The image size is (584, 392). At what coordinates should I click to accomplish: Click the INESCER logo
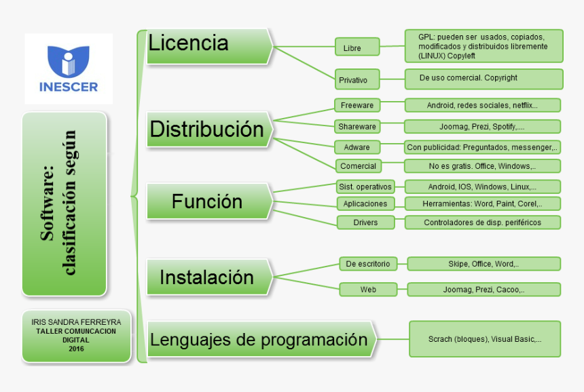pos(68,68)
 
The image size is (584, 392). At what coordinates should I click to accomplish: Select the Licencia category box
pos(208,46)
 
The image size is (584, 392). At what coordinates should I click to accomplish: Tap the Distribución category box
pos(208,129)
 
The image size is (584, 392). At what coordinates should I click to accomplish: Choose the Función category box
pos(208,201)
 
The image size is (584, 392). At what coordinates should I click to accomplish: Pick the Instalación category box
pos(208,277)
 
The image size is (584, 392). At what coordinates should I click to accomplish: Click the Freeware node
pos(357,105)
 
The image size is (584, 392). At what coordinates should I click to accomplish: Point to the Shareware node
pos(357,126)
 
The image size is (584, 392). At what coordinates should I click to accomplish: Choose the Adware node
pos(357,146)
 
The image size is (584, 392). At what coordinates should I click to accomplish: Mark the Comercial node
pos(358,166)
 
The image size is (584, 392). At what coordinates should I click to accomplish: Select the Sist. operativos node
pos(365,186)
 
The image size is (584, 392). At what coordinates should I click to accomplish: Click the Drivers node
pos(365,222)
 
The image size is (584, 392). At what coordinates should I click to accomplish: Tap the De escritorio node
pos(368,264)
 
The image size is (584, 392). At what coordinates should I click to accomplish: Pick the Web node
pos(368,290)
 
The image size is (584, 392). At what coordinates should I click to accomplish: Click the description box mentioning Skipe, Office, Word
pos(483,263)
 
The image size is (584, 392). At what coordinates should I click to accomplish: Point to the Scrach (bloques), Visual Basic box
pos(484,339)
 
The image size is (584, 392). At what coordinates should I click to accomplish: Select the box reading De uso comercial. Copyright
pos(483,79)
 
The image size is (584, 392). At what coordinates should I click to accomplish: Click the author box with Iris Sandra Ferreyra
pos(76,335)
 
